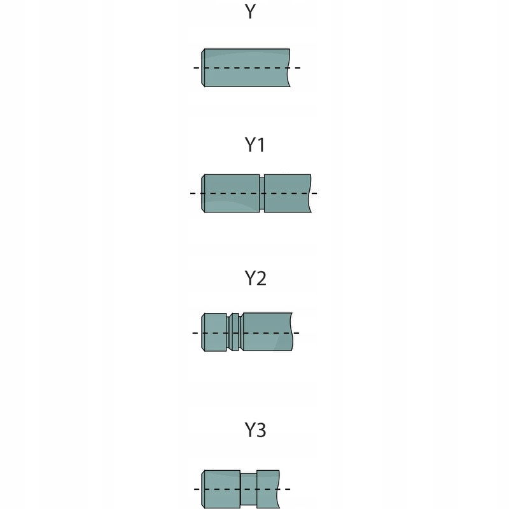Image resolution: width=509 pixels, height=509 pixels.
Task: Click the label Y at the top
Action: (250, 11)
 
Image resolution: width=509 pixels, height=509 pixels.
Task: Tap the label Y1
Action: (254, 145)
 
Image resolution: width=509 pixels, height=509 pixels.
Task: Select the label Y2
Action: (255, 278)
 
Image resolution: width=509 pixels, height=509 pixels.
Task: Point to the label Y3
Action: (255, 430)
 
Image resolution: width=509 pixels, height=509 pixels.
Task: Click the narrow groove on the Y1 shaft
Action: (261, 193)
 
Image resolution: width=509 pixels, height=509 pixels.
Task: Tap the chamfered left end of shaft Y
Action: (204, 67)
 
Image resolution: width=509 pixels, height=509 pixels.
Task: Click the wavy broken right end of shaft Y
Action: (289, 67)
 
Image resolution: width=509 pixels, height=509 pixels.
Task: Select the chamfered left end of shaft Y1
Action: (204, 193)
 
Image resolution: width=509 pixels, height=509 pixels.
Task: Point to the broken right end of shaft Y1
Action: (310, 193)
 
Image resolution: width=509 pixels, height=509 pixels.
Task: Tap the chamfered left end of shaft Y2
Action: (204, 332)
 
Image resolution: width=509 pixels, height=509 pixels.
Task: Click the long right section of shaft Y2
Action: (267, 332)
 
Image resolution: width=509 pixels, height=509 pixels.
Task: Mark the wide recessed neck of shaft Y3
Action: (248, 489)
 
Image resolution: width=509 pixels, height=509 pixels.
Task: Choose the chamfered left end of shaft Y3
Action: (204, 489)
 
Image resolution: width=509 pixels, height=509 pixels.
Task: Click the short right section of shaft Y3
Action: (267, 489)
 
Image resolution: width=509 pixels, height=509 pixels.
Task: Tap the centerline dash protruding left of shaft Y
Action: (197, 67)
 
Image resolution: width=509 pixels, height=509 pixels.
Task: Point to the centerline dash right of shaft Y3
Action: (286, 489)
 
